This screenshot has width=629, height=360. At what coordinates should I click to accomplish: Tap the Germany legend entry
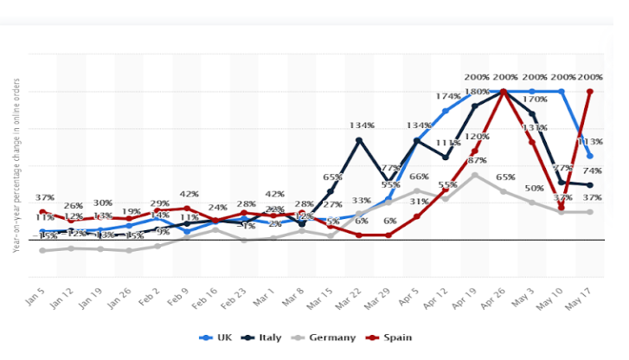324,337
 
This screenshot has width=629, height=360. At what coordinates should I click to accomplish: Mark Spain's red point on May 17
590,91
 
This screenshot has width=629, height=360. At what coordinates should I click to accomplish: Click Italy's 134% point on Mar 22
359,139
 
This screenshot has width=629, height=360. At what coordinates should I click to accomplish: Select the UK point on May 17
590,156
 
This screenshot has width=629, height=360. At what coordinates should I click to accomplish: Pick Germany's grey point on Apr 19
474,174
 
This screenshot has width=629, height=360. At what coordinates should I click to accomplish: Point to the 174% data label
447,96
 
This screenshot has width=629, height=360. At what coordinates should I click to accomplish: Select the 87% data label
476,161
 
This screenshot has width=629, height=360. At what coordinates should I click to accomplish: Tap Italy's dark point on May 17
590,185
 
